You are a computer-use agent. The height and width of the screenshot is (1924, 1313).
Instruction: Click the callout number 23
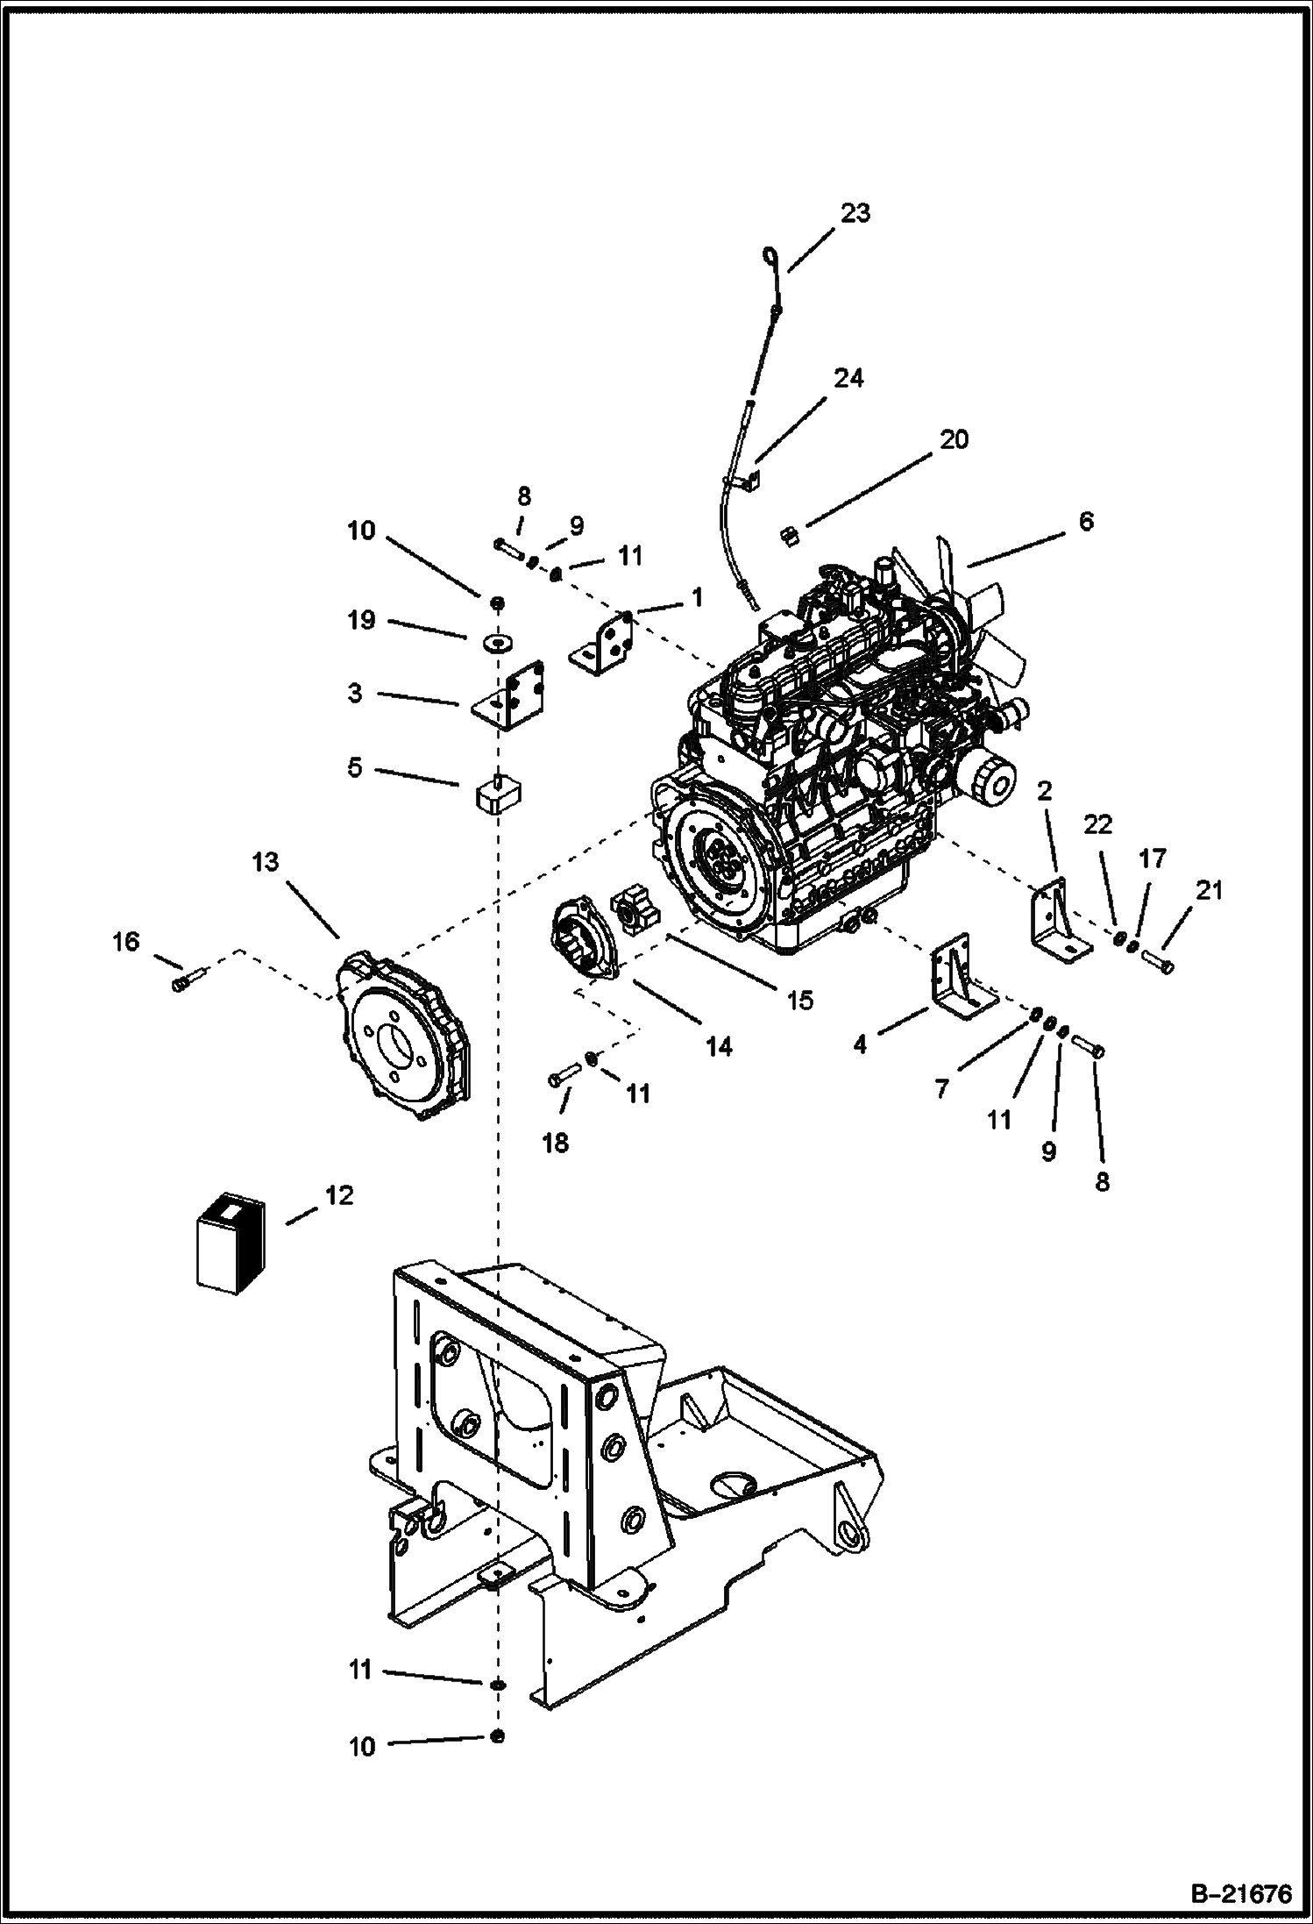click(855, 213)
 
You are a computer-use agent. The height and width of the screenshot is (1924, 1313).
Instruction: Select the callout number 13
click(265, 862)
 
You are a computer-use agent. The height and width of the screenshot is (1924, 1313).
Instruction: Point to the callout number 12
click(339, 1194)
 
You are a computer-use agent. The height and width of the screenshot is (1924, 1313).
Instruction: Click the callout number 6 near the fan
click(1086, 521)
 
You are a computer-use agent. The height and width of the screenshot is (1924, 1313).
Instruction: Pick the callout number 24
click(848, 378)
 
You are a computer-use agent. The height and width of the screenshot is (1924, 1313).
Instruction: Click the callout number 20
click(954, 439)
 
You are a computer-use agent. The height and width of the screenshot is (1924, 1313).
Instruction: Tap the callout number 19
click(361, 620)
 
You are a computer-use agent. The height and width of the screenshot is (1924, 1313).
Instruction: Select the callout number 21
click(1209, 891)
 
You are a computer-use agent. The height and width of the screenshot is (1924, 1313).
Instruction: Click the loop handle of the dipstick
click(769, 255)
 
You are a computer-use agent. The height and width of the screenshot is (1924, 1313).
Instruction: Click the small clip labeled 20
click(787, 535)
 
